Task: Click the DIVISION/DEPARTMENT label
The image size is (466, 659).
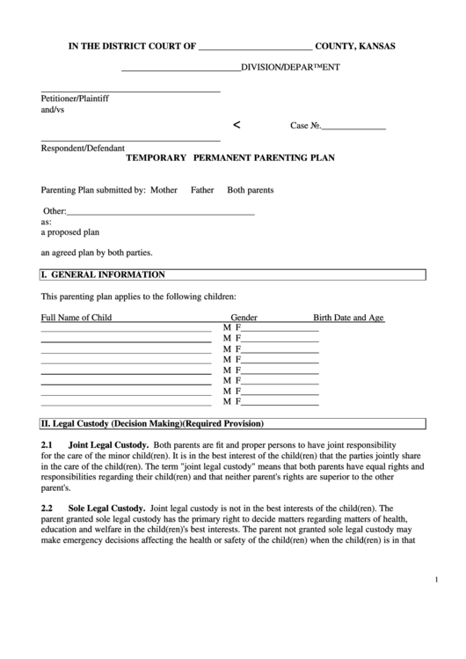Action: [x=291, y=68]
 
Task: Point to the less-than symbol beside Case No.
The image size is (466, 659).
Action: [x=236, y=125]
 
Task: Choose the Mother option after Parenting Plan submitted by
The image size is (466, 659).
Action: [x=164, y=190]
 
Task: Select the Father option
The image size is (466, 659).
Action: [x=202, y=190]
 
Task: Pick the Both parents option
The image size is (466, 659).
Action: [x=251, y=190]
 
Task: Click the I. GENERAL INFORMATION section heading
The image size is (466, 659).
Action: [x=103, y=275]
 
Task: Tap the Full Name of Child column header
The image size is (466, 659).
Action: [x=76, y=318]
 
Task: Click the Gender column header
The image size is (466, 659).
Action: [x=244, y=318]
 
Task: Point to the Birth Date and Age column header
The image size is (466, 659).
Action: [x=348, y=318]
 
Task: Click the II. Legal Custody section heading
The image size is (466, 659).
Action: [x=152, y=422]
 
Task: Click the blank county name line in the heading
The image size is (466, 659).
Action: [x=256, y=48]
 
